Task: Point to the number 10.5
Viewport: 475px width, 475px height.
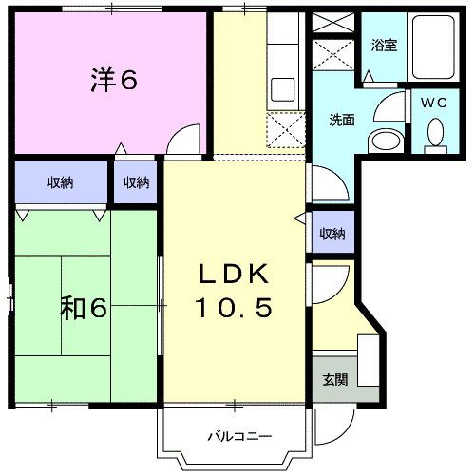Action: [235, 307]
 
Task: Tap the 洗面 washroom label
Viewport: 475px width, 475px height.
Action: [343, 120]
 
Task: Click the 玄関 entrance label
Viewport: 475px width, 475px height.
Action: [334, 380]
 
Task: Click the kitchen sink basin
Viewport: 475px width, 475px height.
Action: [284, 90]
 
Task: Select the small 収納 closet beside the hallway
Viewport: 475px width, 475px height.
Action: [137, 183]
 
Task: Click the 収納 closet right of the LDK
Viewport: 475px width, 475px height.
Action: [332, 234]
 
